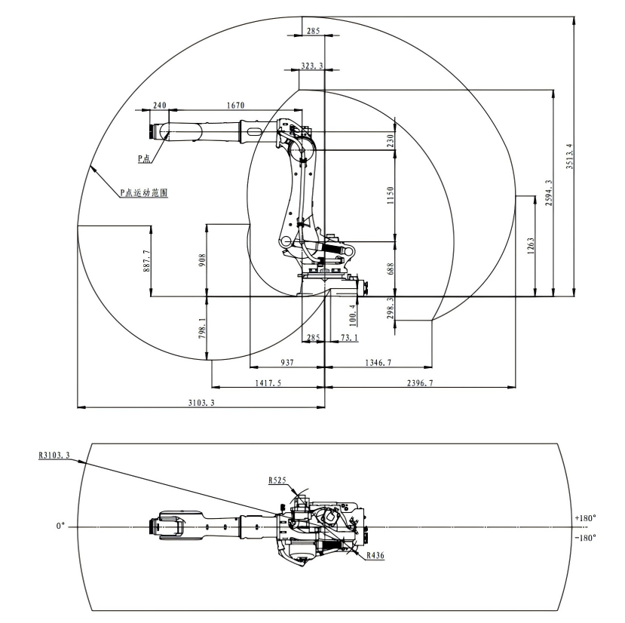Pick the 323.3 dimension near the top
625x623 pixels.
click(311, 66)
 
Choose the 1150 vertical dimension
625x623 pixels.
click(391, 195)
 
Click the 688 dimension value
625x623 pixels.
click(391, 269)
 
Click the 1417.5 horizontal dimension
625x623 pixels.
click(267, 383)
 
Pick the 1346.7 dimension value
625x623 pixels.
click(378, 363)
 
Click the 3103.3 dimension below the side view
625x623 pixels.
click(201, 404)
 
